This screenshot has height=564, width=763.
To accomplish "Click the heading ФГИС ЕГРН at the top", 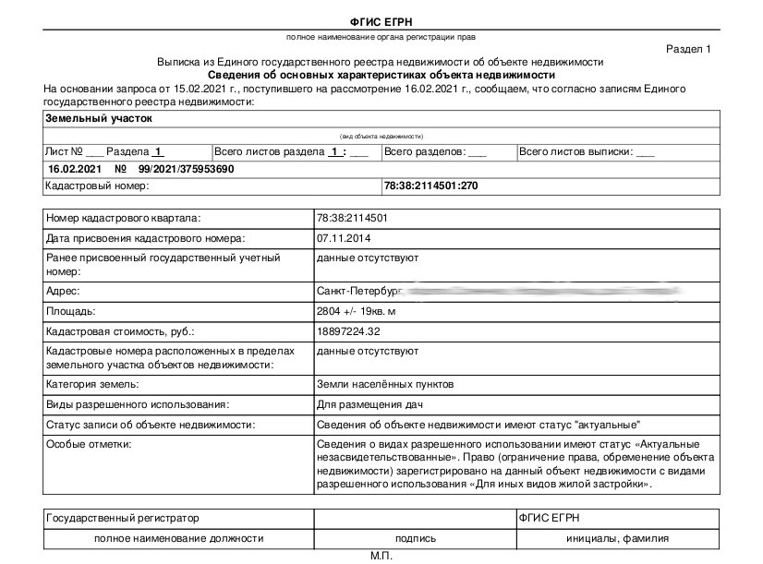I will point(381,21).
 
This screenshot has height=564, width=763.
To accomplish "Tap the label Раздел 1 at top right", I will point(689,48).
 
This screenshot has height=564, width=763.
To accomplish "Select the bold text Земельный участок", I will point(98,118).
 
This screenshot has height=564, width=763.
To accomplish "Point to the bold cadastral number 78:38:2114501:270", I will point(430,186).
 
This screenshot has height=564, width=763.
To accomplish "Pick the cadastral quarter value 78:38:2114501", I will point(352,218).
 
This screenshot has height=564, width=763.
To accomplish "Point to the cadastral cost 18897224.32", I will point(348,330).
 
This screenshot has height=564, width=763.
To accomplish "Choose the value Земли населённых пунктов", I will point(385,384).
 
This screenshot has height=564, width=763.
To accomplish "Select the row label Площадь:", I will point(71,311).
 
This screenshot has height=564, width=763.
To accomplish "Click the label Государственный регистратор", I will point(122,519).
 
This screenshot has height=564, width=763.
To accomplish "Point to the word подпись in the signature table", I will point(416,538).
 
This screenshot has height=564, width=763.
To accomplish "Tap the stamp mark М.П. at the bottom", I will point(381,557).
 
